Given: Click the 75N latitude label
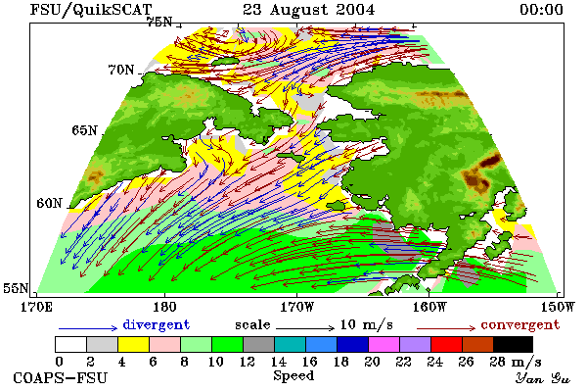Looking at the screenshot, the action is pyautogui.click(x=159, y=23).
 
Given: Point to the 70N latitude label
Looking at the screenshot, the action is pyautogui.click(x=121, y=70).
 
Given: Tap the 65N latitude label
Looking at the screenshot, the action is pyautogui.click(x=84, y=130).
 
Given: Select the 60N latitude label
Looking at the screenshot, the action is pyautogui.click(x=49, y=203).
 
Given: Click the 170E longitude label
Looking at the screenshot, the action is pyautogui.click(x=36, y=307).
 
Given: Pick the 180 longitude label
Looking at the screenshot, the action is pyautogui.click(x=164, y=307).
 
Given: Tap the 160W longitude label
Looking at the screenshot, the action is pyautogui.click(x=429, y=307).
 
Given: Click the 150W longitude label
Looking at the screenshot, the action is pyautogui.click(x=558, y=307).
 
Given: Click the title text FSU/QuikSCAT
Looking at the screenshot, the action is pyautogui.click(x=91, y=10).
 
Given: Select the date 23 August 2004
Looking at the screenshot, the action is pyautogui.click(x=309, y=10).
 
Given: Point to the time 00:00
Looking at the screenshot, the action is pyautogui.click(x=541, y=10).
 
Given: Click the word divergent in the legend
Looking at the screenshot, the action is pyautogui.click(x=157, y=324).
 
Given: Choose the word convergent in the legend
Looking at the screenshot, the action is pyautogui.click(x=520, y=324).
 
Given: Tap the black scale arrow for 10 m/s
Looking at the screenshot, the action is pyautogui.click(x=305, y=328).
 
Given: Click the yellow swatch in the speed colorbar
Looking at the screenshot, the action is pyautogui.click(x=134, y=344).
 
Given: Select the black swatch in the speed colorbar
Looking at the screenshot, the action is pyautogui.click(x=513, y=344).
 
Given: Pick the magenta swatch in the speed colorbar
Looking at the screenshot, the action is pyautogui.click(x=384, y=344).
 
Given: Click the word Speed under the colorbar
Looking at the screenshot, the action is pyautogui.click(x=293, y=376).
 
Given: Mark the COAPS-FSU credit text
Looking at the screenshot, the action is pyautogui.click(x=61, y=377).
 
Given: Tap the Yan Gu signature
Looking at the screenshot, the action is pyautogui.click(x=543, y=378).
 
